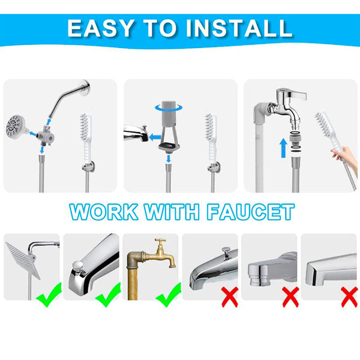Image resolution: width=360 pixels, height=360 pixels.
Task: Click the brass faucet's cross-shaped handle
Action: click(160, 243)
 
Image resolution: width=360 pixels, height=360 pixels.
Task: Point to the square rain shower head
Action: click(22, 258)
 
